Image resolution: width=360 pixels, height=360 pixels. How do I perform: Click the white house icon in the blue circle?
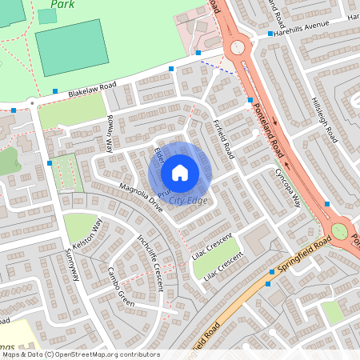180,172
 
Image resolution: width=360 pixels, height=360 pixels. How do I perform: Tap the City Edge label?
189,199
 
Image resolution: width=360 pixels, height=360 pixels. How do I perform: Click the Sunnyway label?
72,263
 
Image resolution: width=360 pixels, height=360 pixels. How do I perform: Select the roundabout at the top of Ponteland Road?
238,47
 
